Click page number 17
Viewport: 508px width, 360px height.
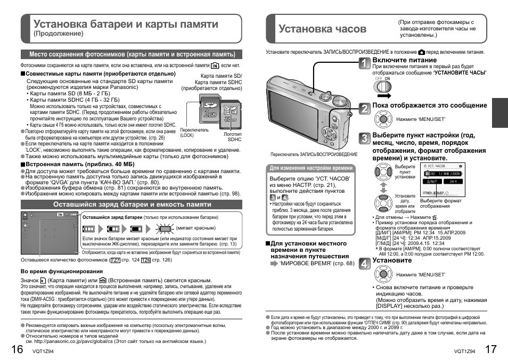click(x=492, y=349)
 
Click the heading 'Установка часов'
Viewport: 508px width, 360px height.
click(x=323, y=28)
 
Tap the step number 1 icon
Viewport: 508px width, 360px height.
click(x=364, y=64)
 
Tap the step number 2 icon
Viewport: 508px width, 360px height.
click(x=364, y=109)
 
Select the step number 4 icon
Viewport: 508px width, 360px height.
click(x=364, y=264)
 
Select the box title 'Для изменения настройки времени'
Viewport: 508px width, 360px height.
click(x=311, y=168)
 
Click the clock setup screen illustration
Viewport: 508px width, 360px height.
click(x=442, y=180)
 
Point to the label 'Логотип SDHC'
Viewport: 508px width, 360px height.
click(x=234, y=137)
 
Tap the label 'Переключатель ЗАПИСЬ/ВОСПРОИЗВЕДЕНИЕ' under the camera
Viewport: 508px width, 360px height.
click(x=314, y=154)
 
